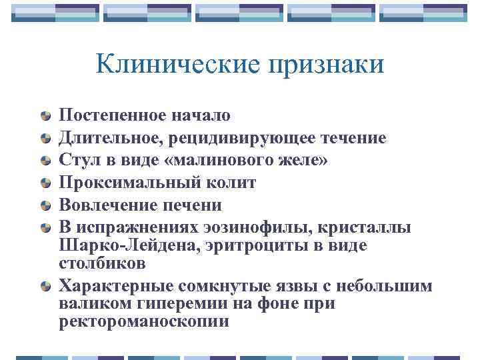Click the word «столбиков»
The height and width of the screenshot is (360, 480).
click(102, 263)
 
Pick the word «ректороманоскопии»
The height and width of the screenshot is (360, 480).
click(144, 321)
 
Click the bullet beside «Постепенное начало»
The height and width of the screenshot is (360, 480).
click(44, 116)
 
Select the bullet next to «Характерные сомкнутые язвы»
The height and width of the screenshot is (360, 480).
click(44, 287)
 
